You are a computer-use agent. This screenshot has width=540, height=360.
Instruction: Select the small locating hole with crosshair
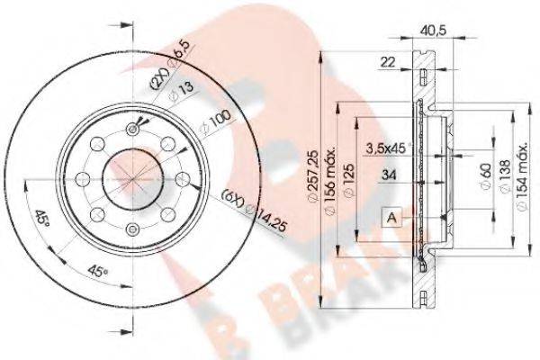(x=134, y=130)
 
